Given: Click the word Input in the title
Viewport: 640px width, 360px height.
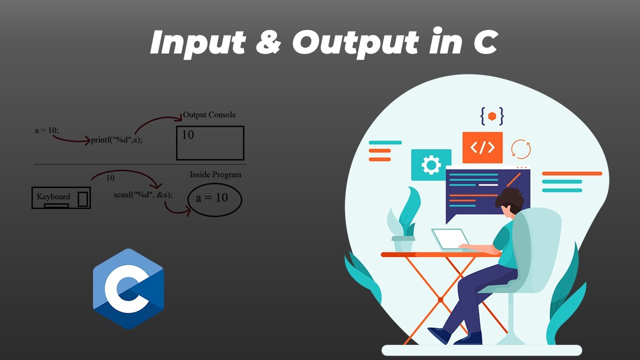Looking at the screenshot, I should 197,43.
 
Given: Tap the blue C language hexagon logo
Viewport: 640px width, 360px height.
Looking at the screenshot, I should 128,288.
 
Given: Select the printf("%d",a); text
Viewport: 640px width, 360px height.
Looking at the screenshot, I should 116,140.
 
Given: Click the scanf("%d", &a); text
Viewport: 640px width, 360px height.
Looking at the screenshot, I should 143,194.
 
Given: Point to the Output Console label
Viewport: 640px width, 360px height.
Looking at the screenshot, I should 209,115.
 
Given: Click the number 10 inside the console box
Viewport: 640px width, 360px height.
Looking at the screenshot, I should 188,135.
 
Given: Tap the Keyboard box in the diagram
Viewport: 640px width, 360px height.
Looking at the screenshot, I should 61,197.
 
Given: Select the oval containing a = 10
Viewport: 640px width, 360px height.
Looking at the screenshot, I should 214,199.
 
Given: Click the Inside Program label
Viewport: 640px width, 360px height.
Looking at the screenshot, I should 215,175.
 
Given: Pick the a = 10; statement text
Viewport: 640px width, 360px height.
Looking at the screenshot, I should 47,130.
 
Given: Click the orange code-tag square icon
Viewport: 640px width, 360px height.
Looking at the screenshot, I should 482,147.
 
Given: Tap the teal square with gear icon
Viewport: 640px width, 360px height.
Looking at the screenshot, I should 431,165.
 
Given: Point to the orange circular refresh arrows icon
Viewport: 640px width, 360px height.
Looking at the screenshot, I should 520,149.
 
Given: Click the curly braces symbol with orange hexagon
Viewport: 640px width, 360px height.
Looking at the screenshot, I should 492,116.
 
